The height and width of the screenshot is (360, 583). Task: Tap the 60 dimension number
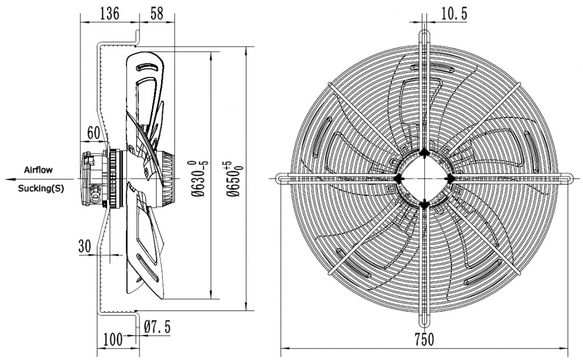tap(94, 132)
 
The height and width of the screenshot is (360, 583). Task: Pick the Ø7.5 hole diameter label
tap(157, 327)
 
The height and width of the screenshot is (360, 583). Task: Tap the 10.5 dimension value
tap(454, 14)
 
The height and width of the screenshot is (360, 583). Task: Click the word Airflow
tap(38, 170)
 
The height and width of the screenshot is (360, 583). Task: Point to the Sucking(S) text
tap(41, 188)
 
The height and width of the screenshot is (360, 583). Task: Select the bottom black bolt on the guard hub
tap(424, 203)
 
